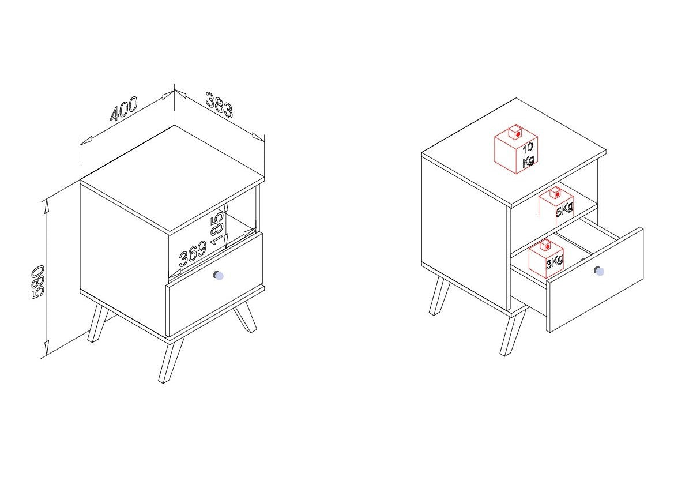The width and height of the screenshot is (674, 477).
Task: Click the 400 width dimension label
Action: [124, 109]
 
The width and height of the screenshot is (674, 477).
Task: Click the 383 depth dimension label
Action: [219, 104]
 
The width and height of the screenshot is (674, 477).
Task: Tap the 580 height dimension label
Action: [38, 281]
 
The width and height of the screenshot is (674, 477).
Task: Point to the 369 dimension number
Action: [193, 254]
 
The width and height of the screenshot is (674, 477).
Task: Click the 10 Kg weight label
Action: [528, 155]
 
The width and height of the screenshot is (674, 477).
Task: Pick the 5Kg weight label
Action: [564, 209]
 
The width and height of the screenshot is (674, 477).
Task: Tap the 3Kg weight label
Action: [555, 261]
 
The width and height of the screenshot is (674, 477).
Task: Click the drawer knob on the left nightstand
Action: [219, 275]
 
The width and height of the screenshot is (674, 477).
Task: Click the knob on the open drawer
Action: [599, 271]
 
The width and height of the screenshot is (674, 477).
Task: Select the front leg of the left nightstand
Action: [171, 360]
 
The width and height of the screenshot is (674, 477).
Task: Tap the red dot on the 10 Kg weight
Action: [518, 134]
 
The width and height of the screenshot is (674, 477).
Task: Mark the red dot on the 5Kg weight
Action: [558, 194]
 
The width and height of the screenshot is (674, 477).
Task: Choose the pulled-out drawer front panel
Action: [595, 280]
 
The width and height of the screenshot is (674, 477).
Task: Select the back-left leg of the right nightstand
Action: [439, 296]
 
